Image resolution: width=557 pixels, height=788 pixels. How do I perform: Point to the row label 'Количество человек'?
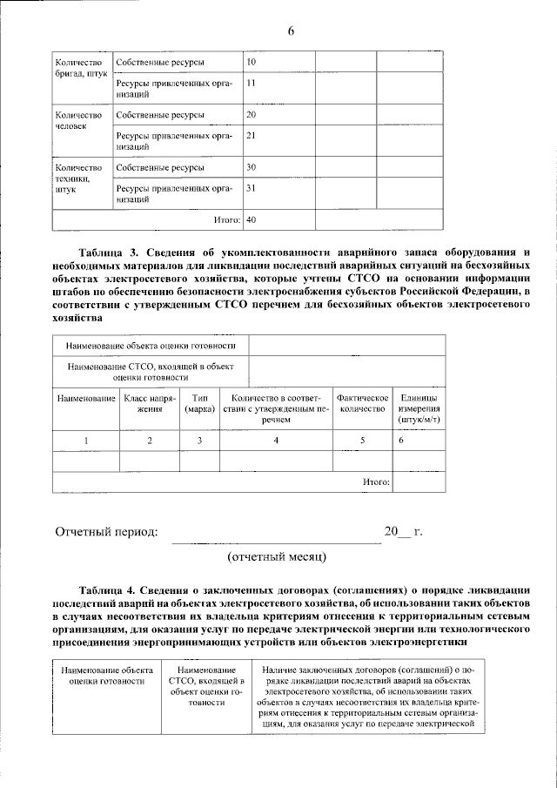[x=79, y=120]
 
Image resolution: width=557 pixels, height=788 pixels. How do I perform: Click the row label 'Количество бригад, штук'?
[x=81, y=68]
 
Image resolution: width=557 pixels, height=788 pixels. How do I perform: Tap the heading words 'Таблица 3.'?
[x=112, y=252]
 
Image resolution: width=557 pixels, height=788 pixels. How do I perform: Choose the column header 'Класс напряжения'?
[x=149, y=402]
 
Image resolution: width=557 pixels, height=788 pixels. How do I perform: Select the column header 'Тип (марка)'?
[x=199, y=402]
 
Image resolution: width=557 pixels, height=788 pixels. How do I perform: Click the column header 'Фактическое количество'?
[x=362, y=402]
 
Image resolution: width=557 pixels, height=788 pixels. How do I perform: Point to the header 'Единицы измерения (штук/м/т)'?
[x=418, y=407]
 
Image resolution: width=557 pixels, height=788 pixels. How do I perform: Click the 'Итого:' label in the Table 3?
[x=375, y=481]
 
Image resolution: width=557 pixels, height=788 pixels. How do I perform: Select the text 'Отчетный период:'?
[x=107, y=531]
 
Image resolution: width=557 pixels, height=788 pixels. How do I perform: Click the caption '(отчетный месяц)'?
[x=276, y=555]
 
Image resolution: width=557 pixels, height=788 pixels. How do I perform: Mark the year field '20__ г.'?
[x=403, y=531]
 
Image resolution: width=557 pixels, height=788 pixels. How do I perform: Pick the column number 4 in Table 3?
[x=276, y=441]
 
